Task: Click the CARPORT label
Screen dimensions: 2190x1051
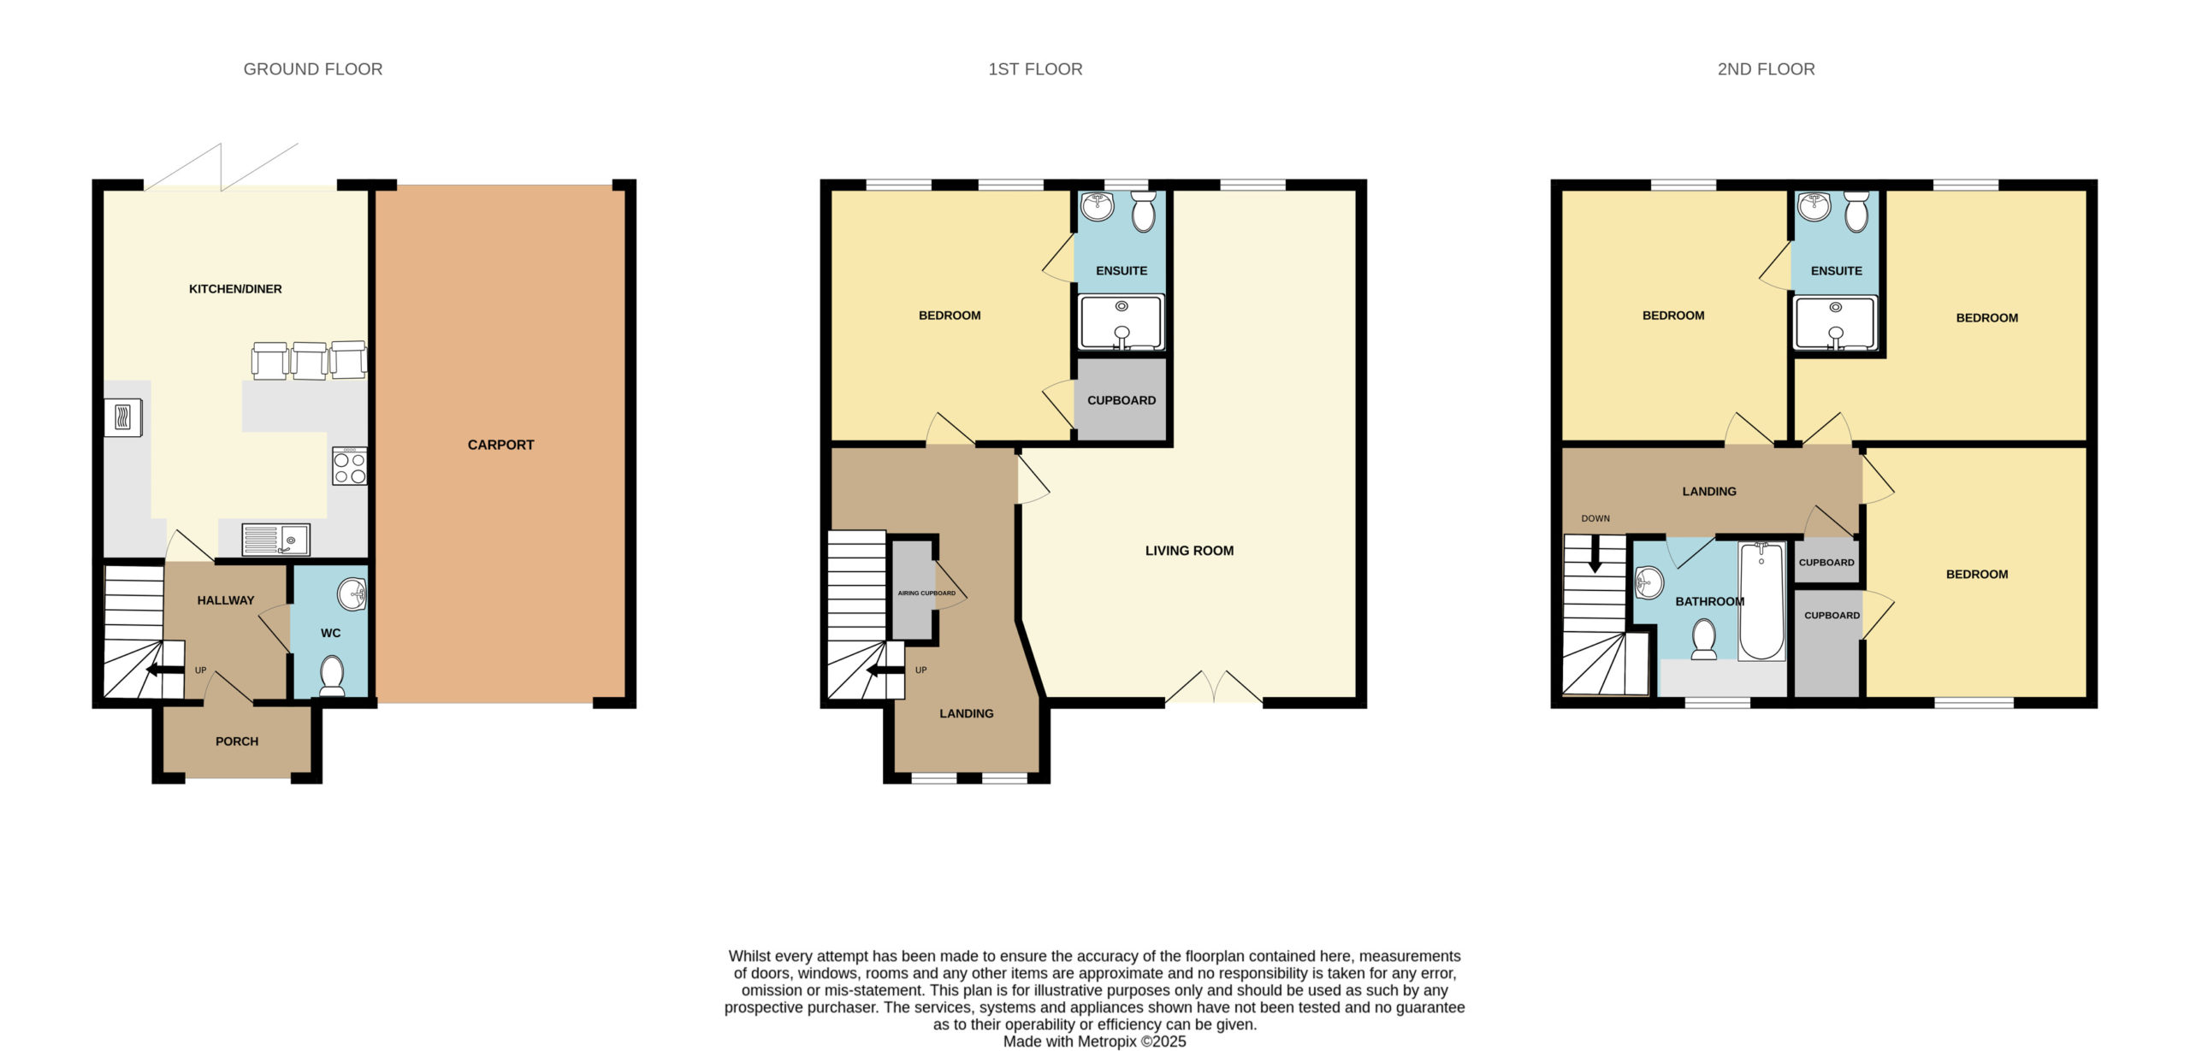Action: tap(500, 445)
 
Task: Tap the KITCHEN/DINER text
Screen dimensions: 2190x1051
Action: tap(235, 289)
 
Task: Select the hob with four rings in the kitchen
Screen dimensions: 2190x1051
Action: tap(350, 467)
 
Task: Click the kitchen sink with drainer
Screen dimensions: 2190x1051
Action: tap(275, 540)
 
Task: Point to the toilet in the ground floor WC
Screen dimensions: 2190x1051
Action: tap(331, 676)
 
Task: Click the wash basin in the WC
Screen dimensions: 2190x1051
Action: tap(352, 594)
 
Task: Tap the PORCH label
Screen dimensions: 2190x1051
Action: tap(237, 741)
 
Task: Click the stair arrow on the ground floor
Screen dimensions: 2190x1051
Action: tap(164, 670)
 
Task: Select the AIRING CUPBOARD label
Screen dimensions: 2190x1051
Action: tap(926, 593)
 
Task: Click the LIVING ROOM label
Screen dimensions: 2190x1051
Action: tap(1189, 551)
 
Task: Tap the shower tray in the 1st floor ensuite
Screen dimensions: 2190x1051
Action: tap(1122, 322)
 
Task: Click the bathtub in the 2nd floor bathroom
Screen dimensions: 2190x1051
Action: tap(1761, 601)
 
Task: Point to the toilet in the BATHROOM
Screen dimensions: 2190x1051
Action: tap(1704, 640)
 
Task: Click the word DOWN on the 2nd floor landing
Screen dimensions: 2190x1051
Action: tap(1595, 518)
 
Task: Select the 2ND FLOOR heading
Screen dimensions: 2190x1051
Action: tap(1766, 69)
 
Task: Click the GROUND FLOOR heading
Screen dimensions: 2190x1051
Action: tap(313, 69)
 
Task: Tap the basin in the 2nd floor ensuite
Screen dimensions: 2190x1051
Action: tap(1814, 206)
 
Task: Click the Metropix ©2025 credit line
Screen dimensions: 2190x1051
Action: tap(1095, 1042)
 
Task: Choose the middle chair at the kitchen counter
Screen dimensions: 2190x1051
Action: tap(309, 361)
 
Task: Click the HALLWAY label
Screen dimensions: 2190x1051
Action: tap(226, 600)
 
